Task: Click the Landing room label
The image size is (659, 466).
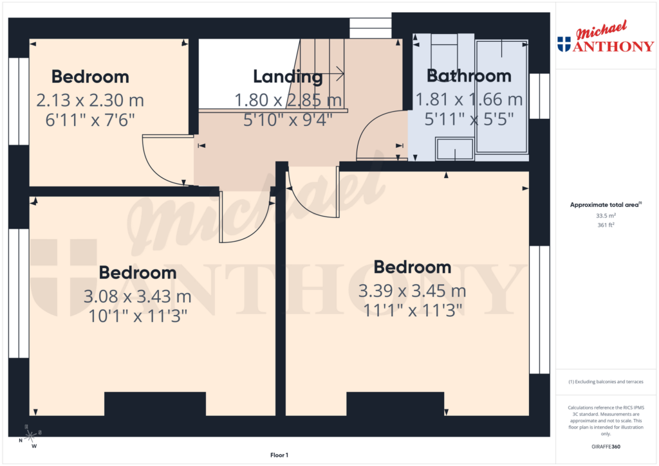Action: coord(287,76)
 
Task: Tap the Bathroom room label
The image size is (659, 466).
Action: coord(469,76)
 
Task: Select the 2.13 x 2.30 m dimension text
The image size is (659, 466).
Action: coord(89,100)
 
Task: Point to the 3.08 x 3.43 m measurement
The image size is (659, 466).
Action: coord(137,296)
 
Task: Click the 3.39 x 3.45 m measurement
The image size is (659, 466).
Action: coord(412,291)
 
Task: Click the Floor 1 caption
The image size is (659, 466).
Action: coord(279,455)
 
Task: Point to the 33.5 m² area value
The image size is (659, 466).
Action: coord(606,216)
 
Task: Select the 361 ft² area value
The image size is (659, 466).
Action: coord(606,225)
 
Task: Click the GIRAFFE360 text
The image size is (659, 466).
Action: coord(606,446)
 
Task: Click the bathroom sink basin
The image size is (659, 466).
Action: coord(454,149)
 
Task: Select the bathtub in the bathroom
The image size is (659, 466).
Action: coord(501,96)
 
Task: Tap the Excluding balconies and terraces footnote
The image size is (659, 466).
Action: coord(606,382)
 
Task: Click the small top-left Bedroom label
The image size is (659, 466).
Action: coord(90,76)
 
